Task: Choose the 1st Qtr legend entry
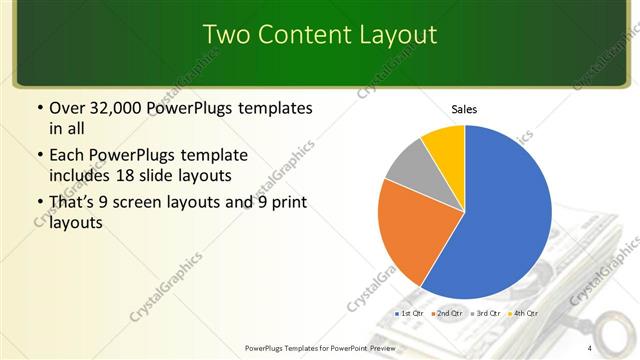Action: (411, 314)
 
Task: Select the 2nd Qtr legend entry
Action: (447, 314)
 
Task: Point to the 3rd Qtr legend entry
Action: (485, 314)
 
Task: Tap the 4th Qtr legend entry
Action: (523, 314)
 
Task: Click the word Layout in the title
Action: (394, 34)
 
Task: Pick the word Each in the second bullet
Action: (66, 156)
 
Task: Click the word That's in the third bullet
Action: (71, 203)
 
